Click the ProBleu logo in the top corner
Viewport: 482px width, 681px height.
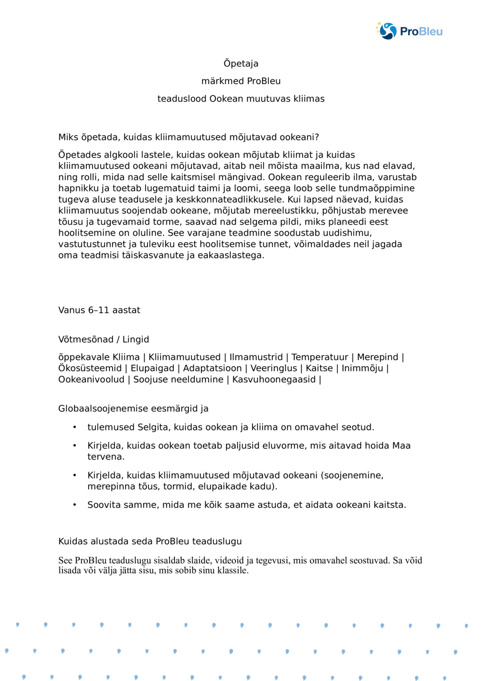pyautogui.click(x=409, y=31)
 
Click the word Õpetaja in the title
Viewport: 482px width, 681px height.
pyautogui.click(x=241, y=64)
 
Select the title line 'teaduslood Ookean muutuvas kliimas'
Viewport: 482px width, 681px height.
pyautogui.click(x=241, y=99)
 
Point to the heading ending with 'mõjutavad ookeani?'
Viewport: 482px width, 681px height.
pyautogui.click(x=188, y=137)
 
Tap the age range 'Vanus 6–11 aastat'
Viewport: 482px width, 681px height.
pyautogui.click(x=99, y=310)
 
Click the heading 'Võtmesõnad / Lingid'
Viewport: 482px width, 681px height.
pyautogui.click(x=104, y=340)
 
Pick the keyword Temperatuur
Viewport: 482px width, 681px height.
pyautogui.click(x=320, y=357)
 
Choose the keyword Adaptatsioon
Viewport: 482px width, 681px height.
pyautogui.click(x=212, y=368)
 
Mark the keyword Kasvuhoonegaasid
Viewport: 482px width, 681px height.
pyautogui.click(x=274, y=380)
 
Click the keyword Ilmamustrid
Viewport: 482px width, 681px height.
pyautogui.click(x=256, y=357)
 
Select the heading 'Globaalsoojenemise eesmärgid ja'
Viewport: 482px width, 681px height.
pyautogui.click(x=134, y=409)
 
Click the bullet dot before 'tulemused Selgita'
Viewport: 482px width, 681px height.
pyautogui.click(x=75, y=427)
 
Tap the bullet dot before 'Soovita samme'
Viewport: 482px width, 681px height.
pyautogui.click(x=75, y=505)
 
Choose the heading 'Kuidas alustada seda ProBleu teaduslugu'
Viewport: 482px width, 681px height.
pyautogui.click(x=150, y=541)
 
